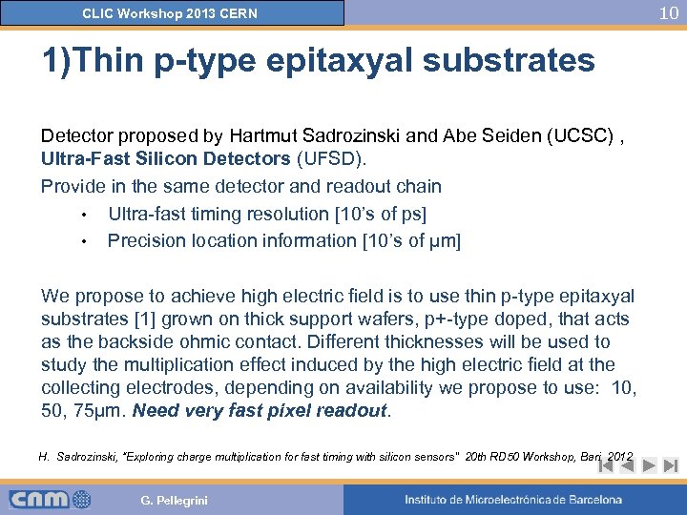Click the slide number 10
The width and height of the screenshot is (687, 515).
669,12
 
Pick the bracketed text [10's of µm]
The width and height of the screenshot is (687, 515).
411,241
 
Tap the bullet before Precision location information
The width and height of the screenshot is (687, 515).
84,242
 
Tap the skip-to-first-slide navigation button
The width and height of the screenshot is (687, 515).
605,466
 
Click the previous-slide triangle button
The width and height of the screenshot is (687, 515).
627,466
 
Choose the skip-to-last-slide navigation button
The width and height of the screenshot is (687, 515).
670,466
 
